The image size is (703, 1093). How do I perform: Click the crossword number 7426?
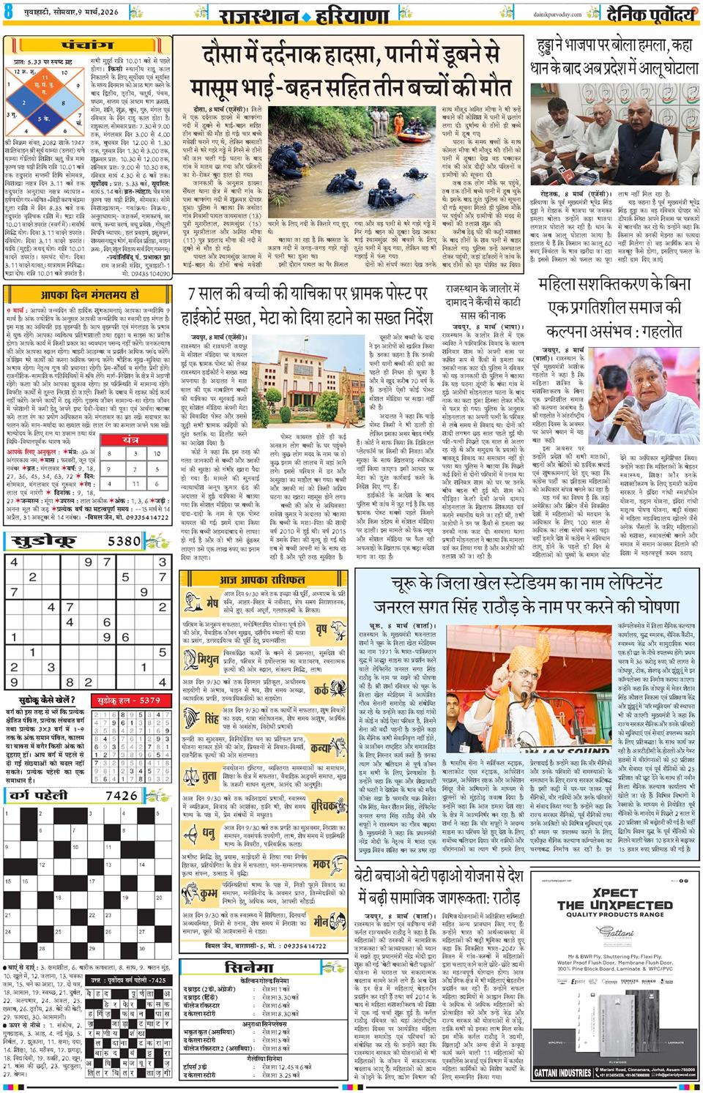[x=121, y=796]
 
